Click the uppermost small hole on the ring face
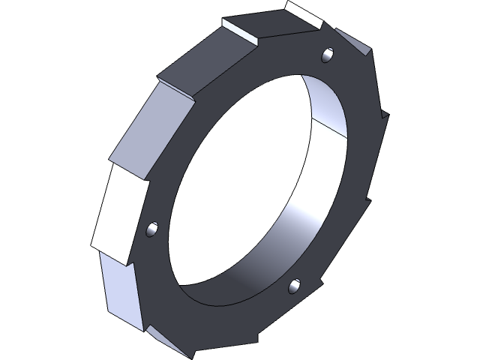click(x=326, y=55)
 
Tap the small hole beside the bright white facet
click(x=153, y=227)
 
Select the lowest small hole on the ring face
click(x=295, y=285)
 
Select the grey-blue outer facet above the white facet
click(x=147, y=131)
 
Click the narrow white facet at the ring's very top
click(x=305, y=13)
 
